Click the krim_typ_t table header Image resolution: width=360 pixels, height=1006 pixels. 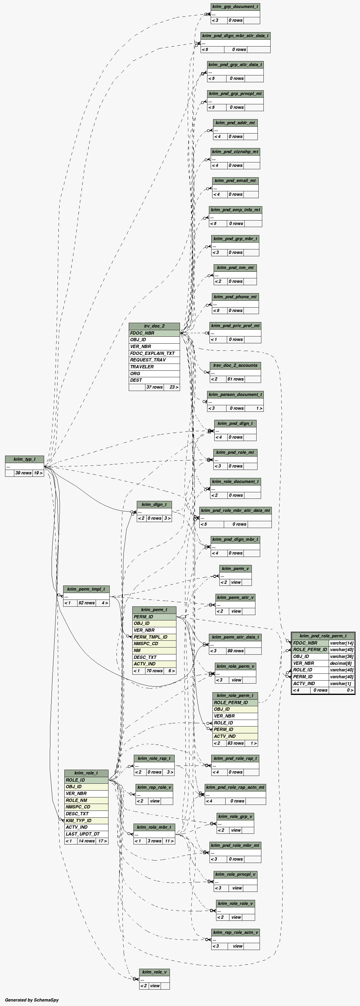pyautogui.click(x=24, y=459)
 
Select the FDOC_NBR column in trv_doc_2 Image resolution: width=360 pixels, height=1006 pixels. pyautogui.click(x=154, y=333)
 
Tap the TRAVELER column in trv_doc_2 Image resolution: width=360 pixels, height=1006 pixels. pyautogui.click(x=154, y=367)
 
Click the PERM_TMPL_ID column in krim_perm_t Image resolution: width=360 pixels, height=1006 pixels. pyautogui.click(x=154, y=637)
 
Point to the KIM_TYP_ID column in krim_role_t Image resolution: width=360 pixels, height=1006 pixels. pyautogui.click(x=86, y=820)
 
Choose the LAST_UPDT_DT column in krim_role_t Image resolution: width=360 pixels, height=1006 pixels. pyautogui.click(x=86, y=834)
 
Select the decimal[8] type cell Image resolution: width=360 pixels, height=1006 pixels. pyautogui.click(x=342, y=663)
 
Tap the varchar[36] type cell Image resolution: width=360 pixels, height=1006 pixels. pyautogui.click(x=342, y=656)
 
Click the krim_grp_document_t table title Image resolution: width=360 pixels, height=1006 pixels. pyautogui.click(x=235, y=7)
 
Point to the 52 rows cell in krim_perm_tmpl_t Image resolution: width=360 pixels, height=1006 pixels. pyautogui.click(x=86, y=603)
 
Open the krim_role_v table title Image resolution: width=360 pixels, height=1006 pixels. pyautogui.click(x=154, y=972)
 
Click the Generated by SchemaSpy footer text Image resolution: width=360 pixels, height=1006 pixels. pyautogui.click(x=32, y=1000)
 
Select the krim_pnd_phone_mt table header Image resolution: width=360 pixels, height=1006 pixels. pyautogui.click(x=235, y=297)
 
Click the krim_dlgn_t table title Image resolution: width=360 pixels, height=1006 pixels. pyautogui.click(x=154, y=504)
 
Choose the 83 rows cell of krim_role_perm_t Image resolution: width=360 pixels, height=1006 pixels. pyautogui.click(x=235, y=743)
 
